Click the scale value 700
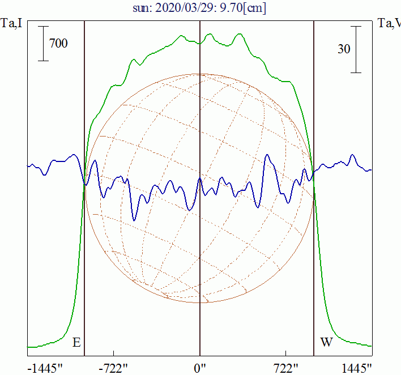point(58,43)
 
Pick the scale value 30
point(343,49)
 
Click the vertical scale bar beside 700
point(43,43)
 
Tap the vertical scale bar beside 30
point(356,49)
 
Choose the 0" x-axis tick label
point(200,369)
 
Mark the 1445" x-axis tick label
point(357,369)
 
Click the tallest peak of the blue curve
point(269,155)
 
